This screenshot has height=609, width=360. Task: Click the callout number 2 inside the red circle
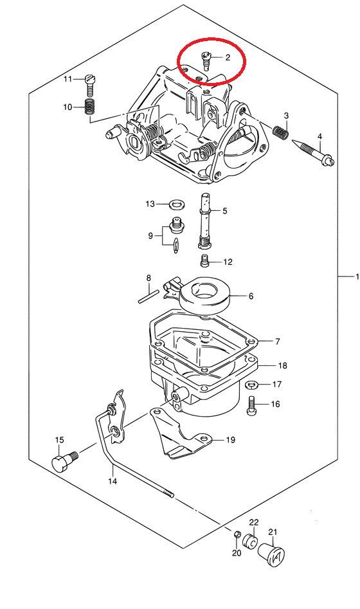(x=228, y=57)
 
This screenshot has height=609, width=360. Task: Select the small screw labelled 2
(x=206, y=61)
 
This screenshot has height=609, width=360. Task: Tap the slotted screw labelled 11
(x=90, y=86)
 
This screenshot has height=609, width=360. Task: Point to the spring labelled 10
(x=90, y=106)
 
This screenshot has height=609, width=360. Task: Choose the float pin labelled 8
(x=148, y=296)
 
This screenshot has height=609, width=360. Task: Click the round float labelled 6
(x=205, y=295)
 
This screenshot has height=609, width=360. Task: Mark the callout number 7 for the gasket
(x=278, y=341)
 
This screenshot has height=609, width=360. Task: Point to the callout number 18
(x=282, y=365)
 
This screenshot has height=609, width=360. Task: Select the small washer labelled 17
(x=253, y=385)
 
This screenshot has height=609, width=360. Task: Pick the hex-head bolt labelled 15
(x=64, y=460)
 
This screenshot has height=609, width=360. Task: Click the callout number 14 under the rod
(x=113, y=481)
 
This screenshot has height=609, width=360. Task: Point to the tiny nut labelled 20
(x=237, y=534)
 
